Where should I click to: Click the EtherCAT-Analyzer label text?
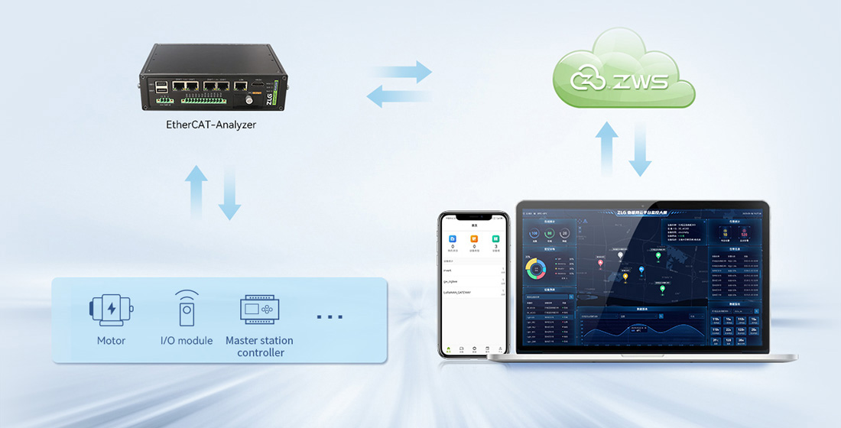tap(211, 124)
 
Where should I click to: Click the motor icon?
tap(111, 309)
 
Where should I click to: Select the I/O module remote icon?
tap(187, 309)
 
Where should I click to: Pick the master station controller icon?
tap(259, 310)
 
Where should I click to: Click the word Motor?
tap(112, 340)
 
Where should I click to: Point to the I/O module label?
tap(187, 340)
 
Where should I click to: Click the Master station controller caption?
tap(259, 346)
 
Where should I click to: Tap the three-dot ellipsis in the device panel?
tap(330, 316)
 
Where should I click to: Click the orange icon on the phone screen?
tap(474, 240)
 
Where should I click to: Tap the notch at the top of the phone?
tap(474, 215)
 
